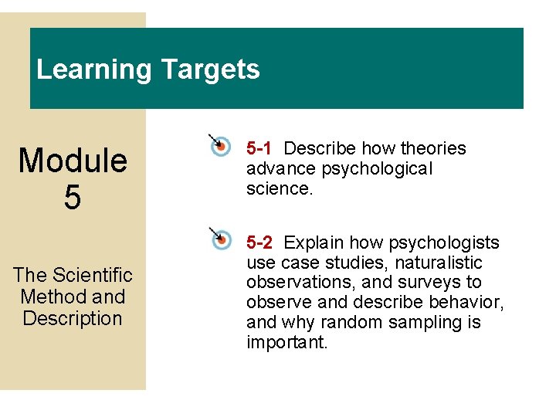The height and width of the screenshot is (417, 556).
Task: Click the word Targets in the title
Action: point(210,70)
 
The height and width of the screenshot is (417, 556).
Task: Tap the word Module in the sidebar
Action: point(73,161)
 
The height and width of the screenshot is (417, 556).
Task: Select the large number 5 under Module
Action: point(73,198)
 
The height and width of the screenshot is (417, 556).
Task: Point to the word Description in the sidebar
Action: point(73,318)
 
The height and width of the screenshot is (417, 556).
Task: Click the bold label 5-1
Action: point(259,148)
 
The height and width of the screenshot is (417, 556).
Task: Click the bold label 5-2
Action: point(259,243)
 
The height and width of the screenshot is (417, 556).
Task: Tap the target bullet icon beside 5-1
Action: point(219,144)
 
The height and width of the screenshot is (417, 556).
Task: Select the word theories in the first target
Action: point(433,148)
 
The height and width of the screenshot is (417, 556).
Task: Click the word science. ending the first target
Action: point(280,188)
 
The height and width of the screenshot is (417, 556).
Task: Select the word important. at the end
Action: point(287,343)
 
